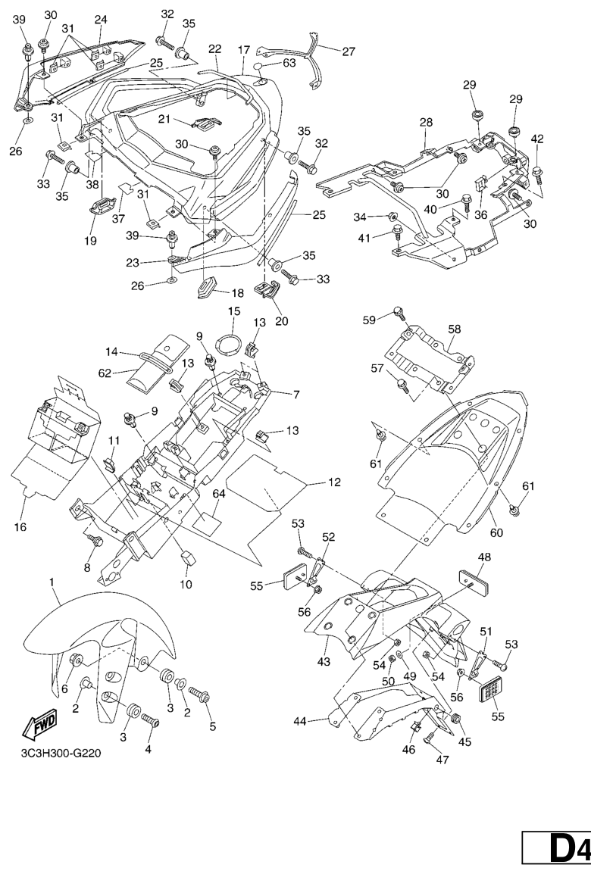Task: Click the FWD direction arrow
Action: (x=36, y=729)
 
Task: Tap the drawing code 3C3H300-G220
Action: (x=61, y=754)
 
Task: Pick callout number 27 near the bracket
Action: (x=348, y=52)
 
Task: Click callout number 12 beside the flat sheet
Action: (x=333, y=482)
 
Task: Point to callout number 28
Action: (x=426, y=122)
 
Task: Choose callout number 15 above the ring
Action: (x=233, y=311)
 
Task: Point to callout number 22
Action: (x=215, y=48)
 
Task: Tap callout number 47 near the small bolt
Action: (x=442, y=762)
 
